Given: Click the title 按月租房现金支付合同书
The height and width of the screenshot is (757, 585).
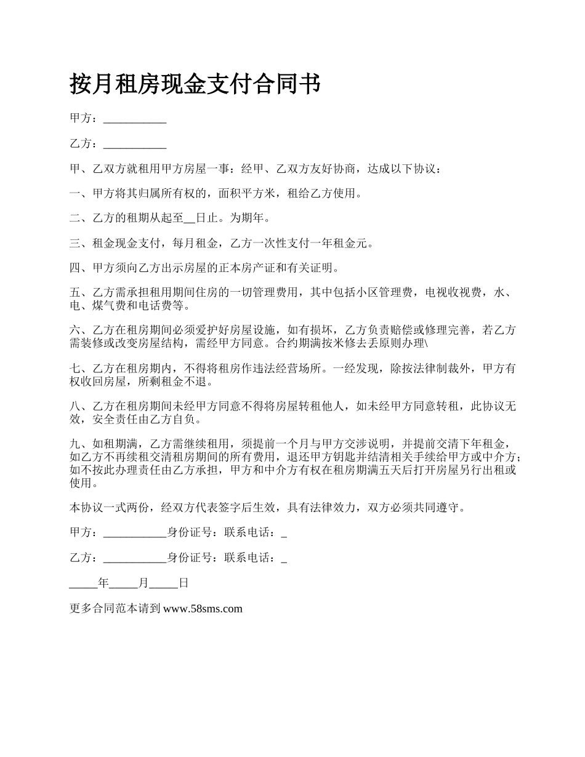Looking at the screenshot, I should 195,84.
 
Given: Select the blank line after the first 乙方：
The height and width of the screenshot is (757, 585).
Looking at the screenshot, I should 135,145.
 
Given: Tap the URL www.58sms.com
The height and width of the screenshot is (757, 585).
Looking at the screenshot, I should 203,609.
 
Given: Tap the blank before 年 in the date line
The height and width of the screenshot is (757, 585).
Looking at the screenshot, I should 84,584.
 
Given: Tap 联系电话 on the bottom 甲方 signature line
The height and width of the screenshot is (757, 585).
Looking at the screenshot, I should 252,533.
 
